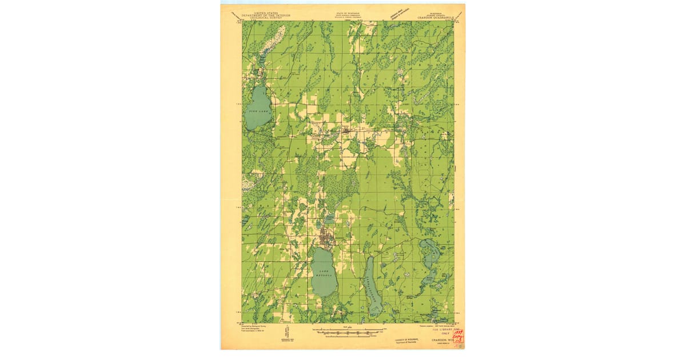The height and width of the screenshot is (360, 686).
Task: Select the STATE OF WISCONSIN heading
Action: [x=343, y=12]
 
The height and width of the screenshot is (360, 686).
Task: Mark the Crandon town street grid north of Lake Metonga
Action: [x=325, y=236]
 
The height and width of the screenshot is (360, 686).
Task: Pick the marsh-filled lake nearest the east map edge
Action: [x=429, y=251]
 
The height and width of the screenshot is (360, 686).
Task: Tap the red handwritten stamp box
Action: [x=457, y=337]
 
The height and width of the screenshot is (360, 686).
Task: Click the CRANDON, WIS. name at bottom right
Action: [x=437, y=341]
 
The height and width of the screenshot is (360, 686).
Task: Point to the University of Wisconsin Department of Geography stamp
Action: [x=406, y=341]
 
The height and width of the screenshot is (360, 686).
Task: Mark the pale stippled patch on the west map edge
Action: [x=247, y=184]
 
